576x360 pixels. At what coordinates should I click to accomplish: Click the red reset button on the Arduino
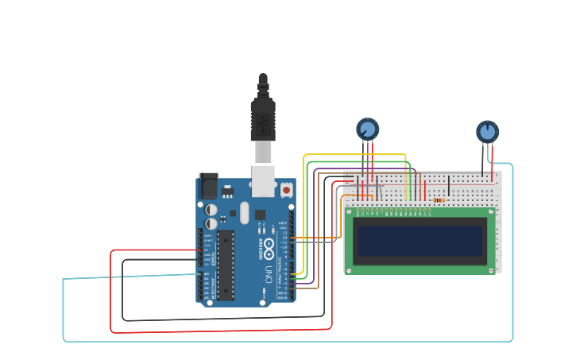click(x=286, y=190)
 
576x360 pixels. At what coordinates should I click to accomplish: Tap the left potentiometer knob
click(x=367, y=129)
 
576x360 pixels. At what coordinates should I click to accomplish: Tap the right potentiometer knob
click(x=487, y=131)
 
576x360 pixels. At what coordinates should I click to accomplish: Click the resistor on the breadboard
click(x=439, y=200)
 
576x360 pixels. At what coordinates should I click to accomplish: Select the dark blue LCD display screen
click(x=419, y=241)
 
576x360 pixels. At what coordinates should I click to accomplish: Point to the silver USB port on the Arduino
click(x=263, y=180)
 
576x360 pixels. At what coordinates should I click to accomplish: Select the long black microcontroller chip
click(x=226, y=265)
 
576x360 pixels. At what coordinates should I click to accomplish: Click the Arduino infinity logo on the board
click(x=269, y=245)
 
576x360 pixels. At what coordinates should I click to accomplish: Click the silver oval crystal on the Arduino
click(x=244, y=212)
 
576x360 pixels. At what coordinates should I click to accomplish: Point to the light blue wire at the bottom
click(x=286, y=341)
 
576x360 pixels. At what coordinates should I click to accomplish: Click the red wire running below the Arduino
click(x=222, y=331)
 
